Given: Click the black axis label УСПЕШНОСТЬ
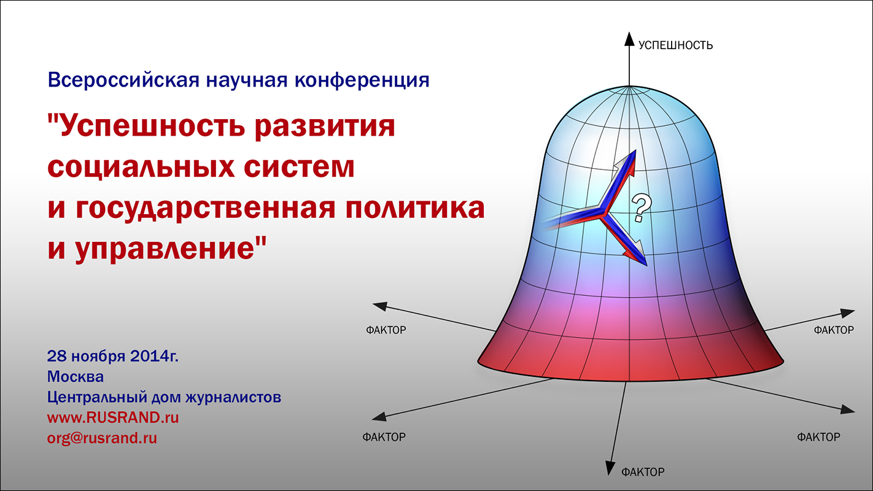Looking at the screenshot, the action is point(675,45).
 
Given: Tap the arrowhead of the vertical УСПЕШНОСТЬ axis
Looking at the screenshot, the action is point(629,39).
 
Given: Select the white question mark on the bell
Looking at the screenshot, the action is point(641,208).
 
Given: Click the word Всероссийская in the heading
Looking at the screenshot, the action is point(123,80).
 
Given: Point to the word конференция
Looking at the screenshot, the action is point(362,80).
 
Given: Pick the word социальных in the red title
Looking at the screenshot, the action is point(141,167).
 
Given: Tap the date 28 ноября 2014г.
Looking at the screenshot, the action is point(113,356).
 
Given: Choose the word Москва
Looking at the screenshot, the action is point(76,377).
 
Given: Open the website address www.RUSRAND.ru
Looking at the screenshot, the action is point(113,418).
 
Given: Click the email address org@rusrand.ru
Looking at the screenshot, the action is point(102,438).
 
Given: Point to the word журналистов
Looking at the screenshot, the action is point(233,398).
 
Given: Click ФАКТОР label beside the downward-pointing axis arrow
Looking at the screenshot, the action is point(643,473).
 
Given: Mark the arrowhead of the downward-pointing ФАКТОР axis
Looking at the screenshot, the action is point(610,468).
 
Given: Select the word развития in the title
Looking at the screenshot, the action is point(325,126).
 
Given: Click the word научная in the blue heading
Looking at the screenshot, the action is point(247,80).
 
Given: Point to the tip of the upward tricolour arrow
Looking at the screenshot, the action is point(635,150).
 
